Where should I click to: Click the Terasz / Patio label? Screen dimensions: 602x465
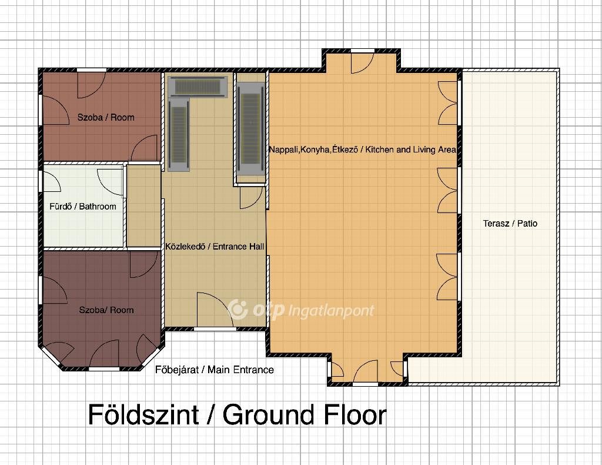coord(510,223)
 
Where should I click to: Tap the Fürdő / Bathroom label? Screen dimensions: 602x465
coord(82,207)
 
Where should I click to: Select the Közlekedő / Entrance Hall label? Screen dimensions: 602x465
coord(215,247)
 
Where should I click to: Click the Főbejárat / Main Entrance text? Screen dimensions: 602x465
coord(215,370)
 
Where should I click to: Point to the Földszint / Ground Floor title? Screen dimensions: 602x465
coord(237,414)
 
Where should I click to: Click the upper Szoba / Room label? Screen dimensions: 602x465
coord(106,117)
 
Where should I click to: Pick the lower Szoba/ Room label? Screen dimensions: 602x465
coord(106,310)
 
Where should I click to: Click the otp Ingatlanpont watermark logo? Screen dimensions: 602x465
coord(300,310)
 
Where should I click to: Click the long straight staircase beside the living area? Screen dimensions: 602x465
coord(250,129)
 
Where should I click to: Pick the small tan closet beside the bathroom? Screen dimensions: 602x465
coord(143,206)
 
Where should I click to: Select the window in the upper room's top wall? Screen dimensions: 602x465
coord(92,70)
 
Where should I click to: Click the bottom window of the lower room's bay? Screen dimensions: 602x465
coord(104,369)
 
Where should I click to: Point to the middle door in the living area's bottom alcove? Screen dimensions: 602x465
coord(366,371)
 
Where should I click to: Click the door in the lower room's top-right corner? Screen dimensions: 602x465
coord(143,264)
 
